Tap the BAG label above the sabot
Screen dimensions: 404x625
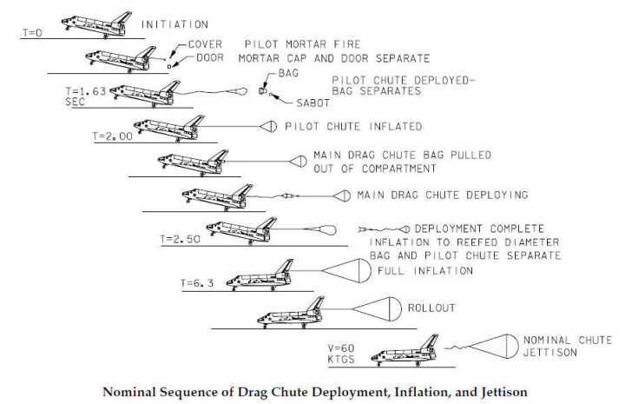291,75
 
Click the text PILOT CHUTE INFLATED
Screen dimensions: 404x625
353,126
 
